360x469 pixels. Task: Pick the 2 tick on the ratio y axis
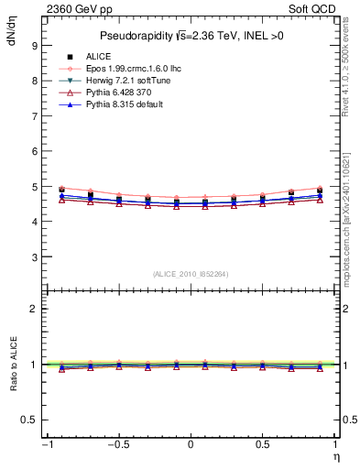click(x=33, y=310)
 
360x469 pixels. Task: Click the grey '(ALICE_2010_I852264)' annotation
click(x=190, y=274)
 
